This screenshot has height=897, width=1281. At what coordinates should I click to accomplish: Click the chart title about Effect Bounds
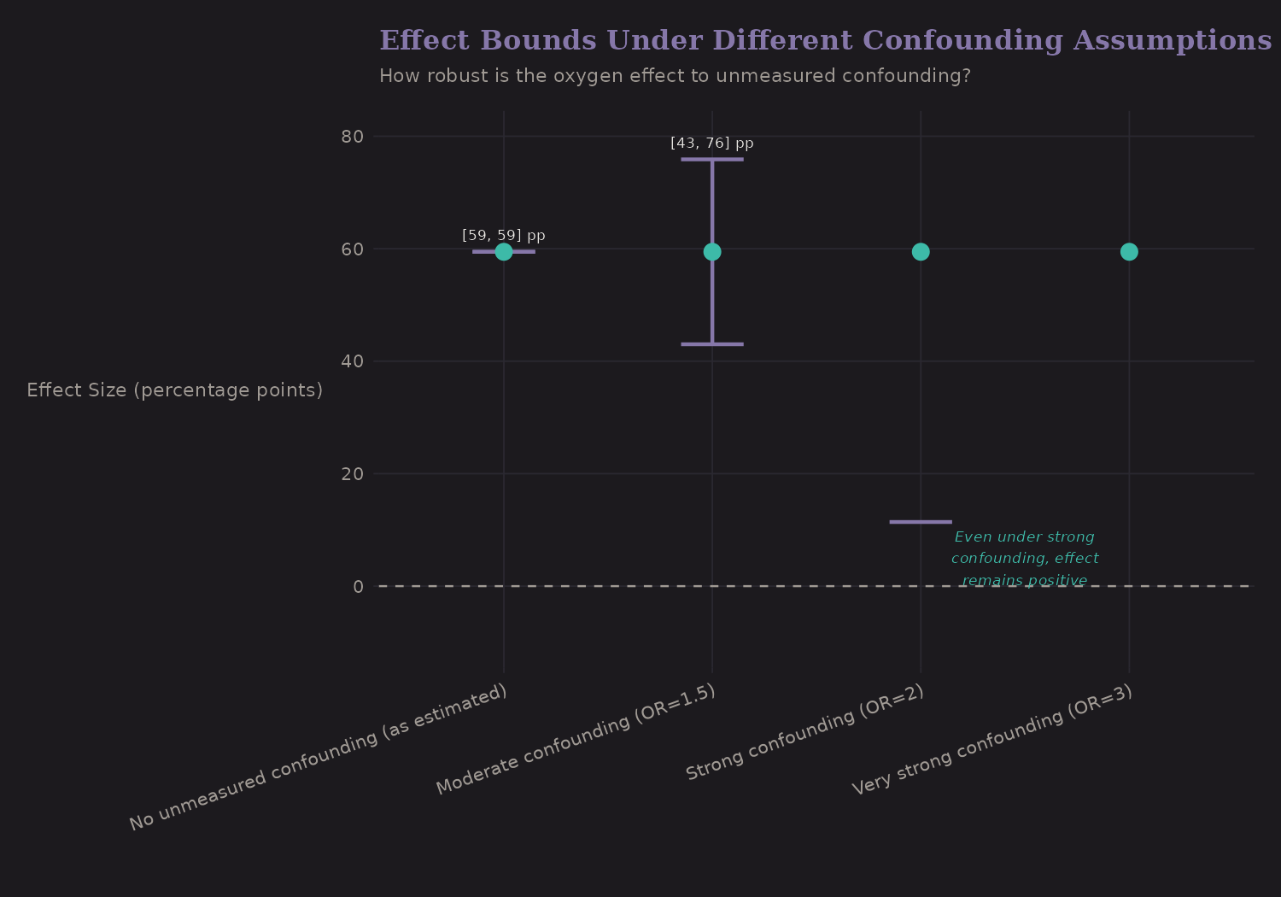tap(825, 40)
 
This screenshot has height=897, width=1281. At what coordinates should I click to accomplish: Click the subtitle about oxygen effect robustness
tap(675, 76)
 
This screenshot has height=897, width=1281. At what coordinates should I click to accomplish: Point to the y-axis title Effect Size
tap(175, 390)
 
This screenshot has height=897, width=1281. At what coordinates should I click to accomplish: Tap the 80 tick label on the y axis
tap(353, 137)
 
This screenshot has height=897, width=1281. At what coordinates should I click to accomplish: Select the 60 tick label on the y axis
tap(353, 249)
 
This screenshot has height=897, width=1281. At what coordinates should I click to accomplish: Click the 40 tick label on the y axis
tap(353, 361)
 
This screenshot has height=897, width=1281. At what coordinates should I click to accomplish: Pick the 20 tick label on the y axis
tap(353, 474)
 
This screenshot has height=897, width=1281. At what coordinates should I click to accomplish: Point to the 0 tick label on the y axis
tap(358, 586)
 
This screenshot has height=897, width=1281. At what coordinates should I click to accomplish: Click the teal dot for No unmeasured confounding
tap(504, 251)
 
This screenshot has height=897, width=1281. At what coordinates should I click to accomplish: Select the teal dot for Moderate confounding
tap(712, 251)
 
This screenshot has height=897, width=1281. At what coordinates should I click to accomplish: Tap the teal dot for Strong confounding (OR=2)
tap(921, 251)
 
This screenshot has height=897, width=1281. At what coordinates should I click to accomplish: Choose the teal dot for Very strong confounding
tap(1129, 251)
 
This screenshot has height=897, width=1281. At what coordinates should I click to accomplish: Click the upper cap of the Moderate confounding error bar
tap(712, 159)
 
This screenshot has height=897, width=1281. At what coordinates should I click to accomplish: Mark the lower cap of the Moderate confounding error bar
tap(712, 344)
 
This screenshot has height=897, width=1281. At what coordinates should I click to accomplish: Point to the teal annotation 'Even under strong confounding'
tap(1025, 559)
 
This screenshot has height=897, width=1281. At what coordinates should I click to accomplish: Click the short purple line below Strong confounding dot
tap(921, 522)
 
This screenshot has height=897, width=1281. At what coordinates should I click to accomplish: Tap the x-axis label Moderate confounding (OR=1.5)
tap(576, 740)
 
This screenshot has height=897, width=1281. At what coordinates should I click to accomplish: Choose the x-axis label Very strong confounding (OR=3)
tap(992, 740)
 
